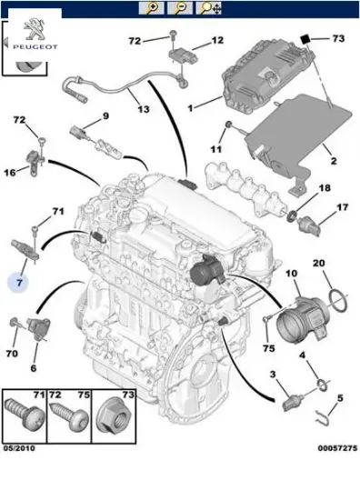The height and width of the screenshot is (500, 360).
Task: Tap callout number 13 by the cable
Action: pyautogui.click(x=144, y=110)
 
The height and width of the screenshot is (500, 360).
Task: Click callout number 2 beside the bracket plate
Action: pyautogui.click(x=332, y=162)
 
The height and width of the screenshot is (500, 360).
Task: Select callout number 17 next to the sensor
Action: pyautogui.click(x=343, y=207)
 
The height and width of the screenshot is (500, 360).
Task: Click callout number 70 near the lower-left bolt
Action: pyautogui.click(x=13, y=353)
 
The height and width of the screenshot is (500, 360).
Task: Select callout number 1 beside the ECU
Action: pyautogui.click(x=190, y=108)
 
